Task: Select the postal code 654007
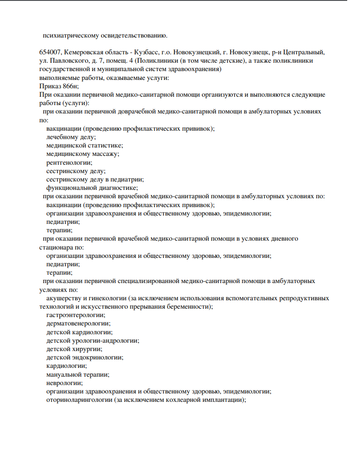[49, 52]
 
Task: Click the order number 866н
[70, 86]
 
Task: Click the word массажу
[105, 154]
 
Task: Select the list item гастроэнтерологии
[76, 315]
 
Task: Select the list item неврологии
[64, 383]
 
